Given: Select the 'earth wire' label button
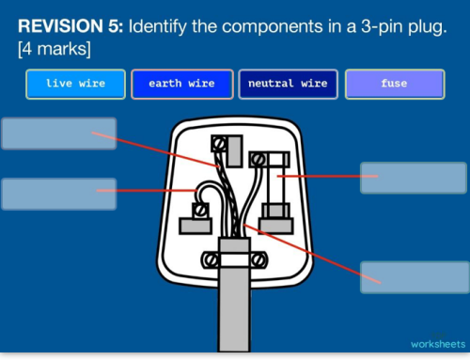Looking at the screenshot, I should [x=181, y=84].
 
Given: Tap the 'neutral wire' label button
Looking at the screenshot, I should [x=288, y=84].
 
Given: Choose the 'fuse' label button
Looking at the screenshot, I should [x=394, y=84].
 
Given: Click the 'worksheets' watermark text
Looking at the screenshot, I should [x=437, y=344].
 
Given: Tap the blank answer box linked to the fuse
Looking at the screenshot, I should [x=399, y=177].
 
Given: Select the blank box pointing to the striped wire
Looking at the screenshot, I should [x=59, y=133].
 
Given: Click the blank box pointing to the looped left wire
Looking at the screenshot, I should [x=59, y=194].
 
